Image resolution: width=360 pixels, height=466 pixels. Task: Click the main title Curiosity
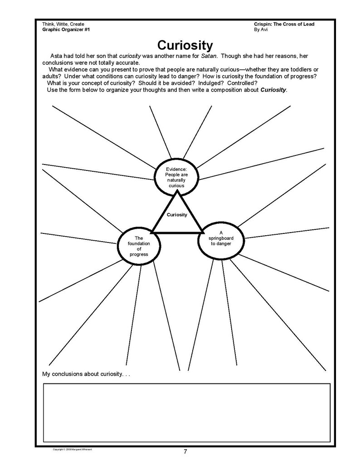(x=185, y=45)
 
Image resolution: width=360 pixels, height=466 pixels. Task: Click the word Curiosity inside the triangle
(x=177, y=214)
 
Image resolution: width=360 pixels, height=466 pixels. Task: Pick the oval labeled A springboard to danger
(x=221, y=240)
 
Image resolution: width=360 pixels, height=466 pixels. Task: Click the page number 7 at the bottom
(x=185, y=451)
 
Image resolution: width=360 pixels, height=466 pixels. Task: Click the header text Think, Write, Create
(x=63, y=24)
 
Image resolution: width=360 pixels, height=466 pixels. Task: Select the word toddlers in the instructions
(x=293, y=69)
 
